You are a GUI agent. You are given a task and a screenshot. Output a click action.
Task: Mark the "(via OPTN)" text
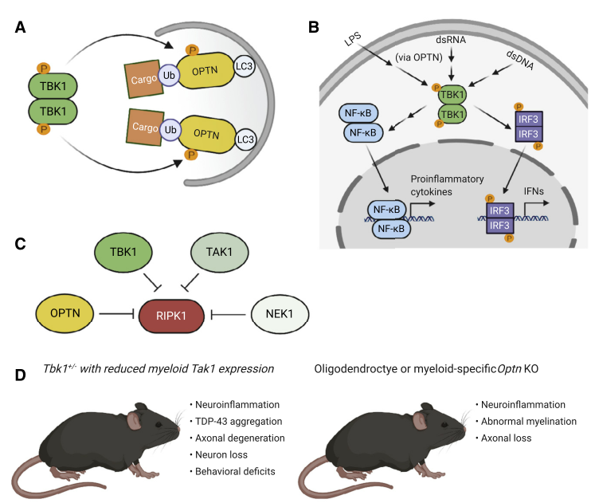pyautogui.click(x=415, y=57)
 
